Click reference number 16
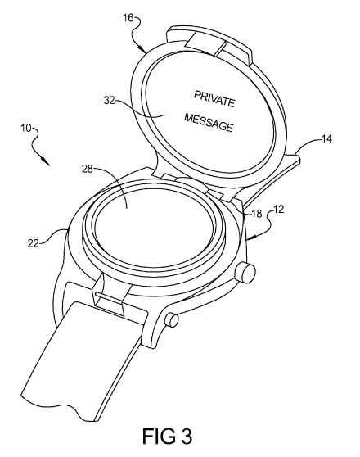pyautogui.click(x=128, y=18)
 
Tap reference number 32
pyautogui.click(x=110, y=100)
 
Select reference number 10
pyautogui.click(x=26, y=129)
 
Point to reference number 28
pyautogui.click(x=88, y=169)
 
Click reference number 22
pyautogui.click(x=34, y=242)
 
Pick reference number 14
pyautogui.click(x=326, y=138)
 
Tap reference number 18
pyautogui.click(x=257, y=214)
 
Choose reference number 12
pyautogui.click(x=278, y=210)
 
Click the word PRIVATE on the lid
pyautogui.click(x=214, y=99)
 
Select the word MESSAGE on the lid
pyautogui.click(x=209, y=122)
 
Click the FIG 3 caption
pyautogui.click(x=167, y=437)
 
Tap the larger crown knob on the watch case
pyautogui.click(x=245, y=273)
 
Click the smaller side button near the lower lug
pyautogui.click(x=172, y=319)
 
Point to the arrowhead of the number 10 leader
pyautogui.click(x=46, y=161)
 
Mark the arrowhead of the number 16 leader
pyautogui.click(x=142, y=48)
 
